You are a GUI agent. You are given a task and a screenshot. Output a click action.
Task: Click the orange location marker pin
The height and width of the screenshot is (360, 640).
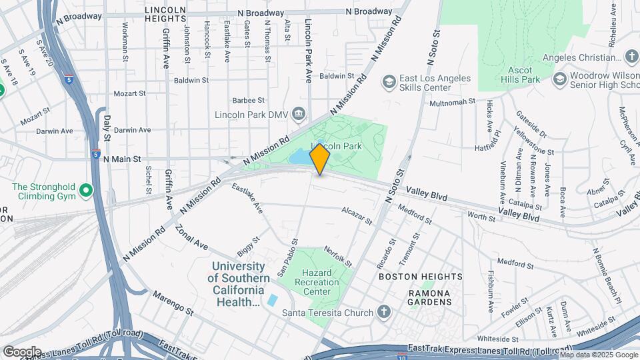pos(320,159)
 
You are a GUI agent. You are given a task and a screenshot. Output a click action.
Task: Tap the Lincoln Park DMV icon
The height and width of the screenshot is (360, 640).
pos(299,115)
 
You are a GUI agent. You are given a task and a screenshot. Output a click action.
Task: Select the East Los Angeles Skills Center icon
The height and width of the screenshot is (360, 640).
pos(389,83)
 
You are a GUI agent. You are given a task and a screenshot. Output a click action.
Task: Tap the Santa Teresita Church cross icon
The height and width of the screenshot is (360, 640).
pos(383,312)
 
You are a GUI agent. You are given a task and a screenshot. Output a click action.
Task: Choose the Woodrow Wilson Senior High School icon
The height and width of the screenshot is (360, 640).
pos(559,80)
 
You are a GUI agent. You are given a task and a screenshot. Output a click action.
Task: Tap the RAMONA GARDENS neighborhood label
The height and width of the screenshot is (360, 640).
pos(430,297)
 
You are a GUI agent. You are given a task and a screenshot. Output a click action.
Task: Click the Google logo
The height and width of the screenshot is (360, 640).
pos(22,351)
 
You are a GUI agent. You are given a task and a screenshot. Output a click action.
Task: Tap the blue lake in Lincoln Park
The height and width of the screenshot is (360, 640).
pos(300,157)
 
